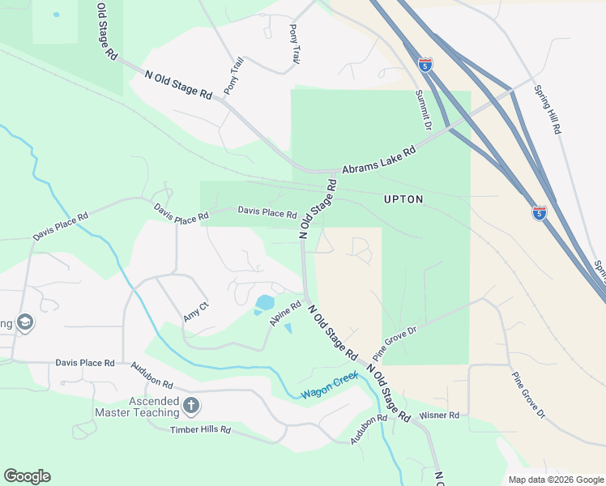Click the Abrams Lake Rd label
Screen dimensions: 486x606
(x=378, y=160)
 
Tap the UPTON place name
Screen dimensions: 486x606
(x=403, y=198)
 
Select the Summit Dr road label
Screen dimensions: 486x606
(x=424, y=110)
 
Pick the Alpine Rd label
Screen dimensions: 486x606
(x=286, y=314)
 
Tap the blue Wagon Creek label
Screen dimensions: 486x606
(x=328, y=389)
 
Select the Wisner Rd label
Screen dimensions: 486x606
(x=439, y=416)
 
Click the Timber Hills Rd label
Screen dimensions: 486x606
(x=200, y=430)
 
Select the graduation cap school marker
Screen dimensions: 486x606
(x=24, y=323)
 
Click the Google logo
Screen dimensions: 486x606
(x=27, y=476)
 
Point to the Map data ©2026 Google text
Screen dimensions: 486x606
(x=556, y=480)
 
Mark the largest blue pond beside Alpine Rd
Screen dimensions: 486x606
(x=265, y=304)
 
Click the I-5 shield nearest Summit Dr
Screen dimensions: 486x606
(x=426, y=64)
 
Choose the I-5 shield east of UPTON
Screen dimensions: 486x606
(x=540, y=212)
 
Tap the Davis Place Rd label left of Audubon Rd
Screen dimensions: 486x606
(x=85, y=363)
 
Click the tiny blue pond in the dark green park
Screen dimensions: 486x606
(x=56, y=15)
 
